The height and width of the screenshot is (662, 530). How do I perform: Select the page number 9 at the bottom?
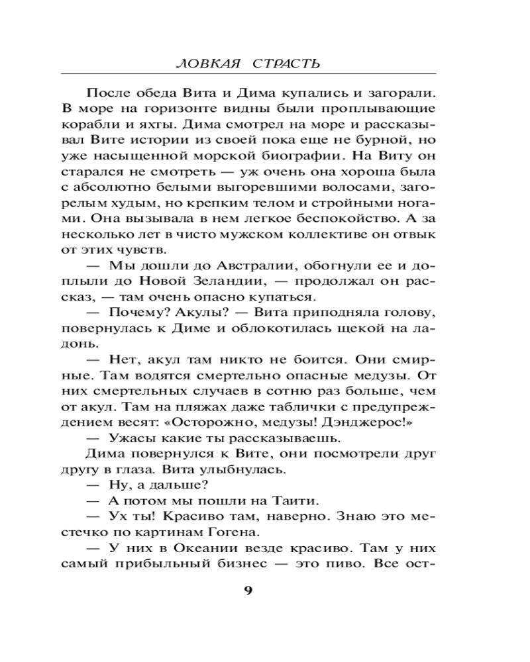click(x=248, y=591)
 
